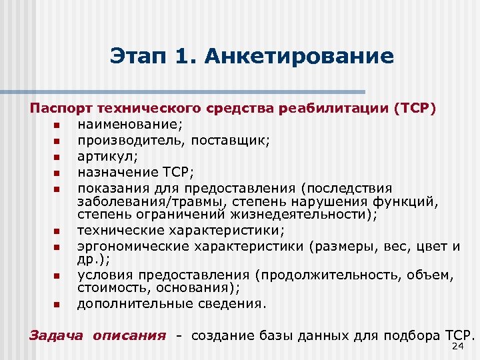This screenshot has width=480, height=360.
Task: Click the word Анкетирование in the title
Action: click(x=299, y=56)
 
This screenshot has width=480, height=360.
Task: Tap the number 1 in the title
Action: click(x=180, y=56)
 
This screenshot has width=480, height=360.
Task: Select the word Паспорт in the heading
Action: click(x=61, y=109)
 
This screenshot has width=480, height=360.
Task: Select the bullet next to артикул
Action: click(x=57, y=157)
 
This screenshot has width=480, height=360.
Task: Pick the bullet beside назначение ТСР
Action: click(x=57, y=173)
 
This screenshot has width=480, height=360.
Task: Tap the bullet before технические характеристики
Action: click(x=57, y=231)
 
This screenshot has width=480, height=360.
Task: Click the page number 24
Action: click(x=457, y=347)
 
